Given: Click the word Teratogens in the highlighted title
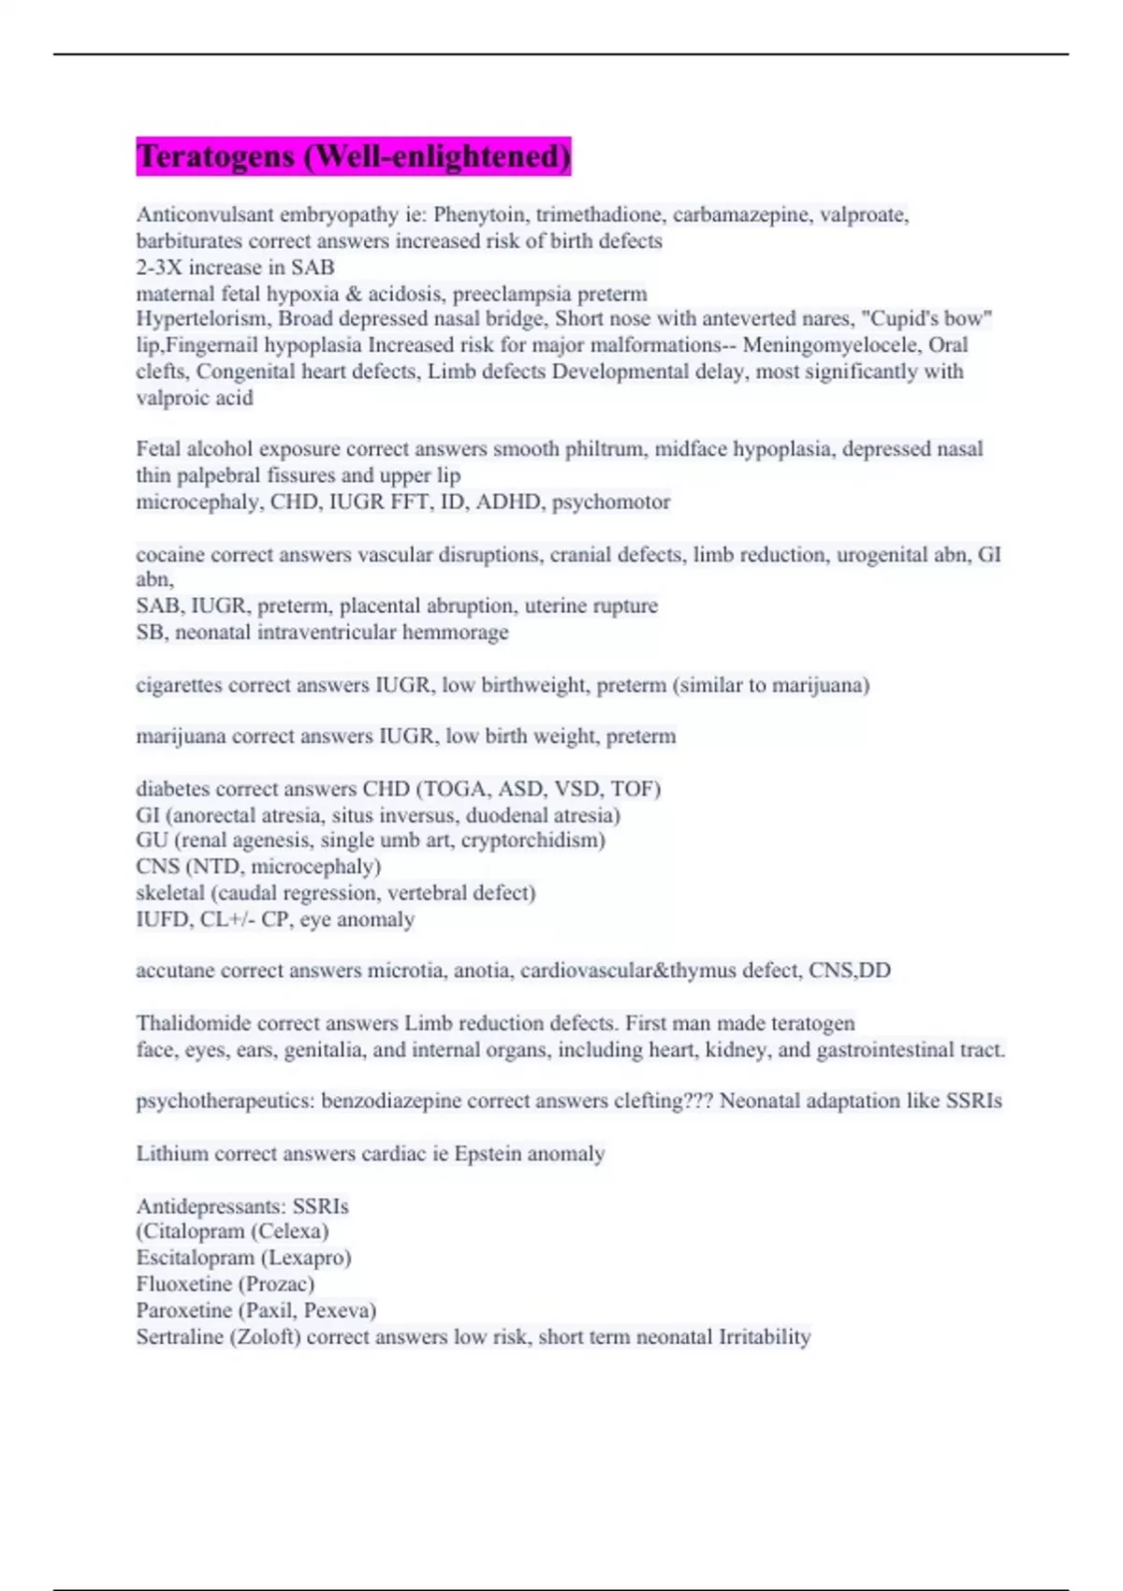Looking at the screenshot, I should (215, 156).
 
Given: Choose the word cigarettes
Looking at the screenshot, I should (179, 685).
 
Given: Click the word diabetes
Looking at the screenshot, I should (173, 789).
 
